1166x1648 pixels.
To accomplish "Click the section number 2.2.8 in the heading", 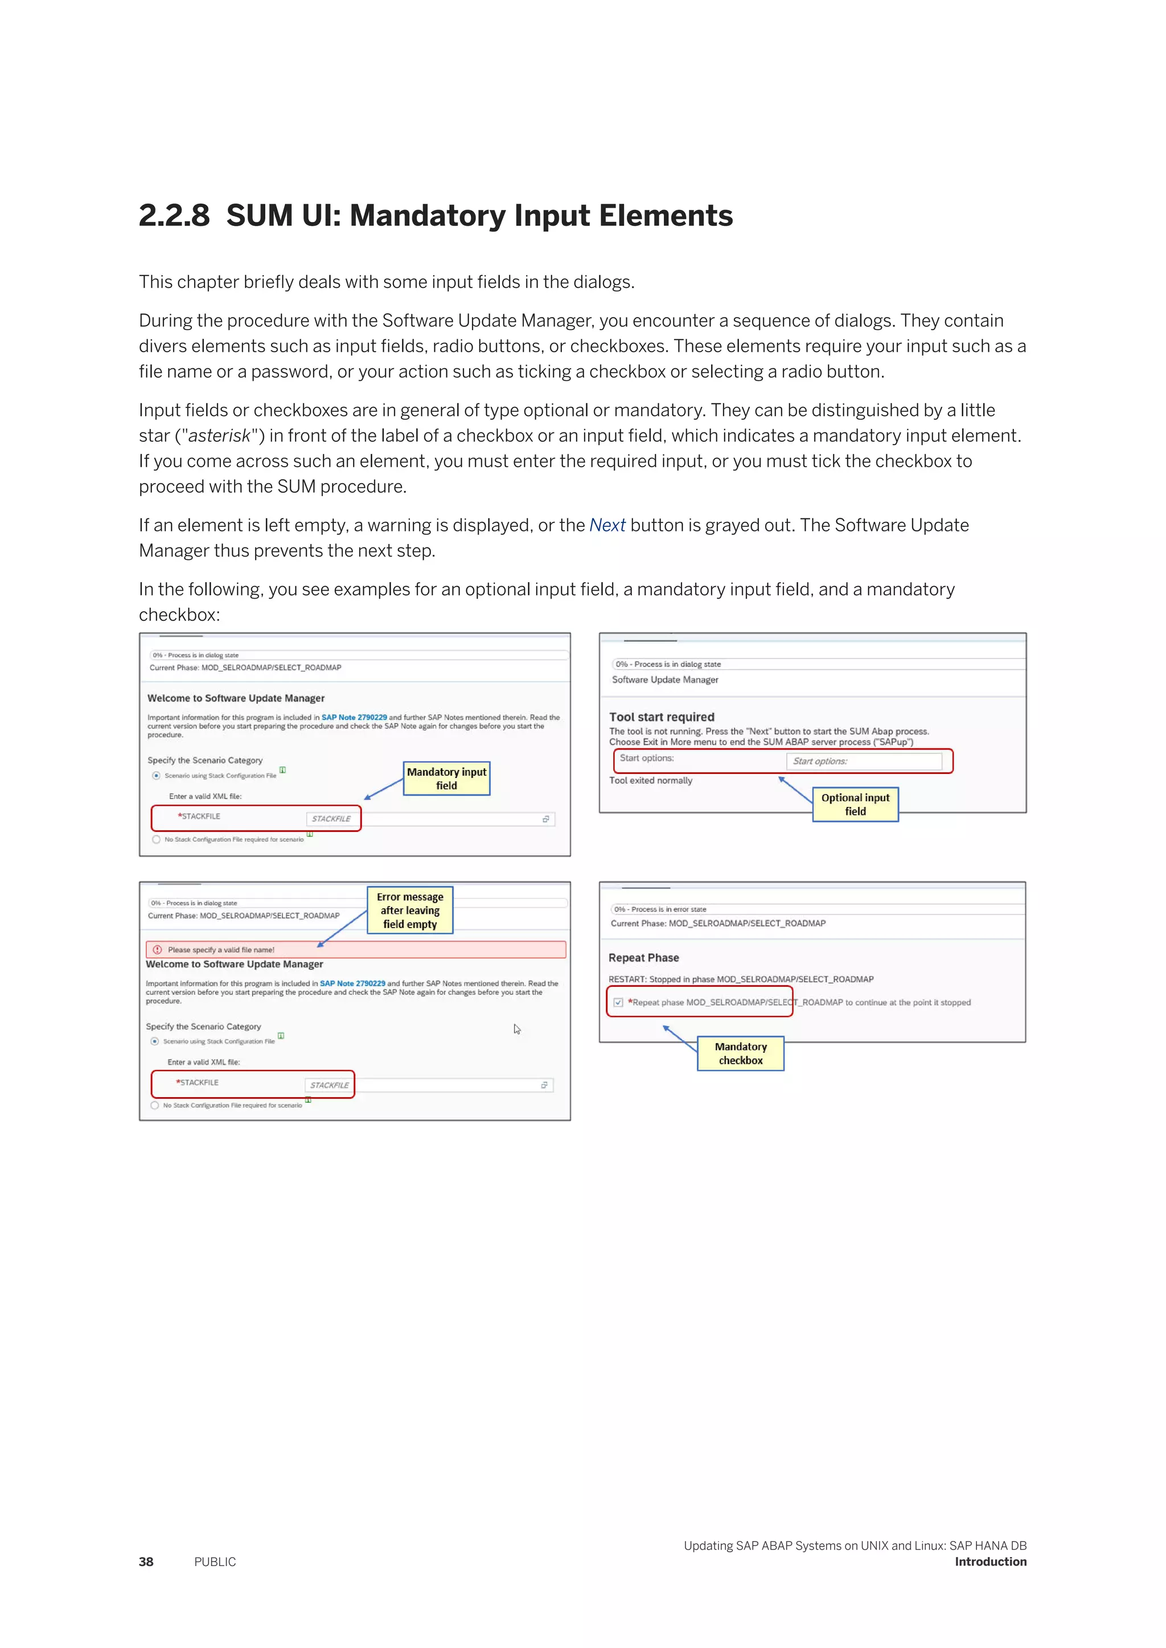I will [x=174, y=216].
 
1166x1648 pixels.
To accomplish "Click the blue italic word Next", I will [x=607, y=525].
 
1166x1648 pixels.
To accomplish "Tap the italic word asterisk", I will [x=219, y=436].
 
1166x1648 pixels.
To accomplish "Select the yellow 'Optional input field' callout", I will [x=855, y=805].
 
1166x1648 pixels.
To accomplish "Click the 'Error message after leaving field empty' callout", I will [x=410, y=910].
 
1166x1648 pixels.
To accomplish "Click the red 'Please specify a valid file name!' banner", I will [x=355, y=950].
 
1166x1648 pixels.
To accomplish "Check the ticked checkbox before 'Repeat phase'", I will [x=618, y=1003].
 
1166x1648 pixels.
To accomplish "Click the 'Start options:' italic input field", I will [x=864, y=761].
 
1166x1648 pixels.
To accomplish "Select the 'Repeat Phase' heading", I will [x=643, y=958].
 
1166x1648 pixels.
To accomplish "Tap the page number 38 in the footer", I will [x=146, y=1562].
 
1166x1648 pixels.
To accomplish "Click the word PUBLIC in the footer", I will [x=215, y=1562].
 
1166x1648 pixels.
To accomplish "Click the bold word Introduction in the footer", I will [x=990, y=1562].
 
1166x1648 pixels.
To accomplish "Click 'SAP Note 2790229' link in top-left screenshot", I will [x=354, y=717].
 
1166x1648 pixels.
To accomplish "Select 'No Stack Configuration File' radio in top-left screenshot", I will [x=157, y=839].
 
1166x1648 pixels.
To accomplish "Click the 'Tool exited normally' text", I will [x=651, y=781].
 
